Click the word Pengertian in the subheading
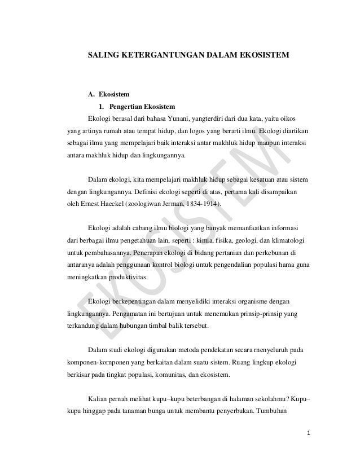126,107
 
